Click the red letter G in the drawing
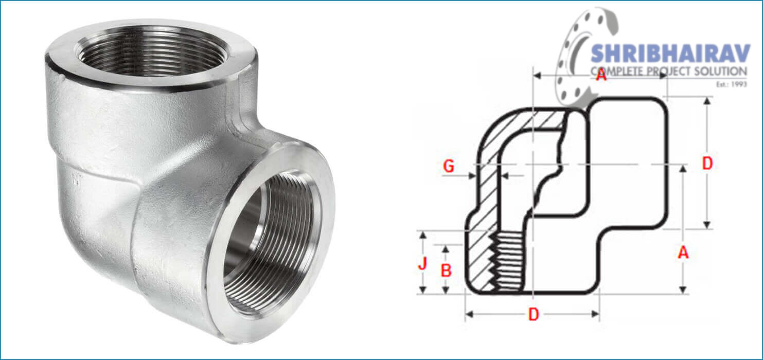click(x=449, y=166)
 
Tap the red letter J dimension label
click(x=423, y=264)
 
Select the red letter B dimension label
click(x=446, y=271)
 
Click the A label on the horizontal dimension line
click(x=600, y=75)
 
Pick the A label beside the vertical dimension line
click(x=683, y=252)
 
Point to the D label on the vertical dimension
click(x=707, y=164)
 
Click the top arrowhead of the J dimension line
click(x=423, y=236)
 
